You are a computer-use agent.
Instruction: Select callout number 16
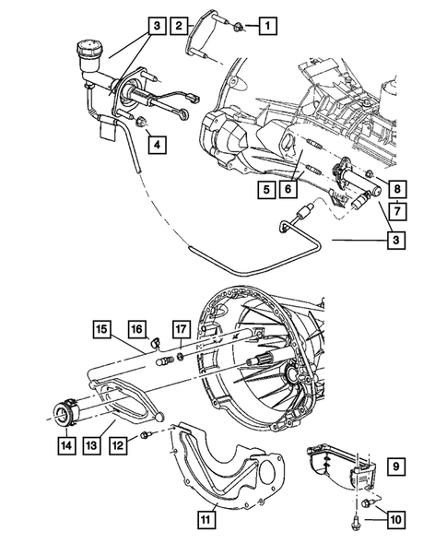135,327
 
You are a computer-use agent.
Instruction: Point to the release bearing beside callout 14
65,409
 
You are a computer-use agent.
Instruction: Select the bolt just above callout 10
369,503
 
